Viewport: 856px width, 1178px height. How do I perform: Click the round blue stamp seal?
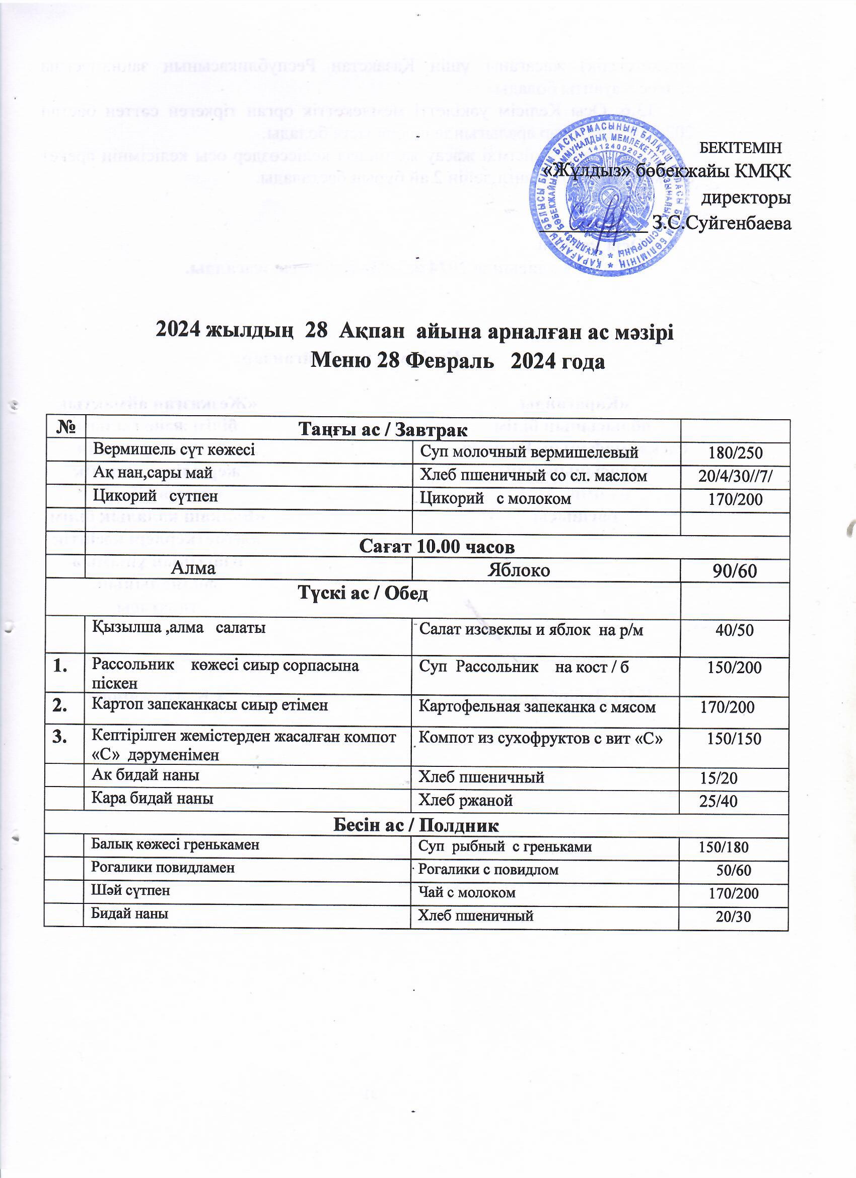click(606, 197)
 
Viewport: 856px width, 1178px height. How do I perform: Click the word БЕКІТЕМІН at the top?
click(740, 148)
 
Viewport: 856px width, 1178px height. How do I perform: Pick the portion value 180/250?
click(736, 453)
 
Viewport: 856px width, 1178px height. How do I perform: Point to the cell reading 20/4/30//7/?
click(736, 476)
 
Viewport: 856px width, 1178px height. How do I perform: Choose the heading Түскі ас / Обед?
click(363, 594)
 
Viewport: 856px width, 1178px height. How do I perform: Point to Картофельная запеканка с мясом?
click(537, 707)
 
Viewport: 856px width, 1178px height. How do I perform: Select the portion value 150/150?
click(734, 739)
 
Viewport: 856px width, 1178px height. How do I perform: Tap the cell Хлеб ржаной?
click(466, 801)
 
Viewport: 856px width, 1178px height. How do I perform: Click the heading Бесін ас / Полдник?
click(416, 825)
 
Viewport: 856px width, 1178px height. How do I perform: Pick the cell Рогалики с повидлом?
click(488, 870)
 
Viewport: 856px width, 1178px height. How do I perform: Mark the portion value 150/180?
click(723, 847)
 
